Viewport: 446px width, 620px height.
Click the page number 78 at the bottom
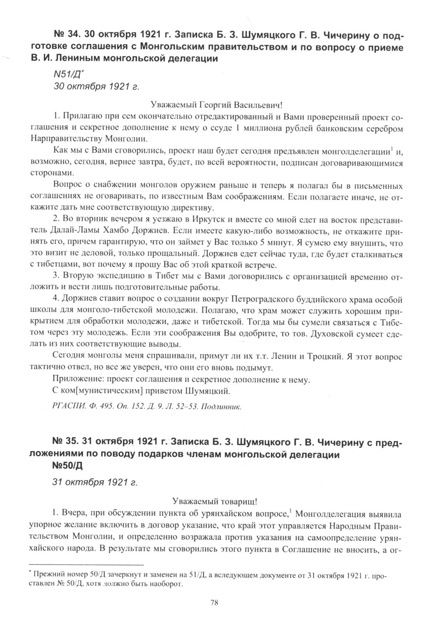coord(214,603)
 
